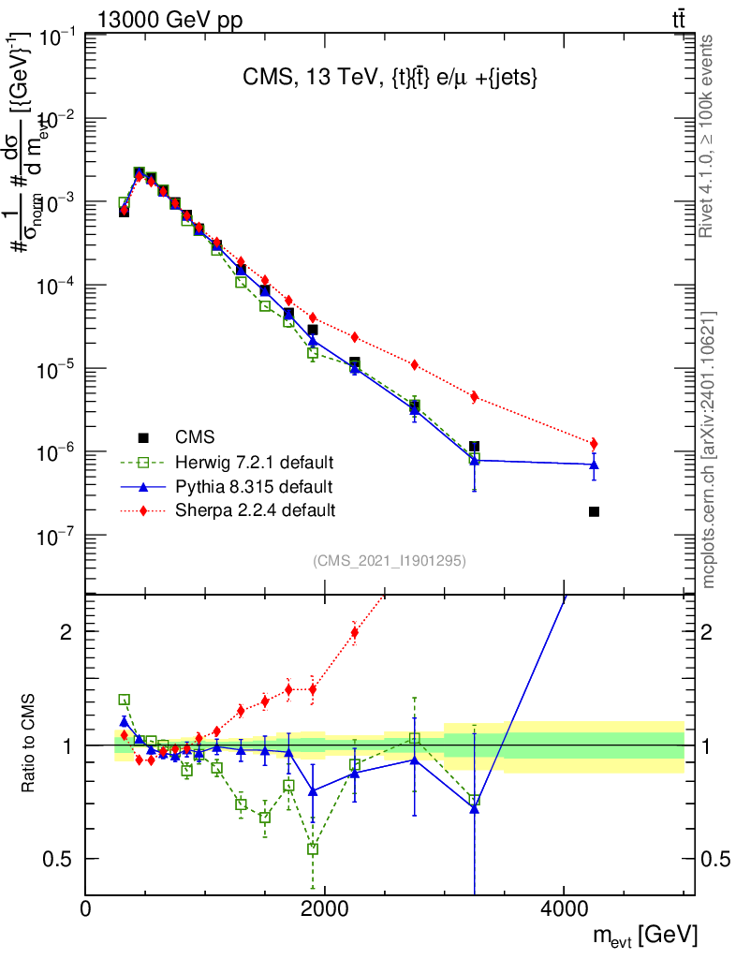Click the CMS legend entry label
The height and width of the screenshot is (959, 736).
(195, 436)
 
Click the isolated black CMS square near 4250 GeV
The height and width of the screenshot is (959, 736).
(594, 511)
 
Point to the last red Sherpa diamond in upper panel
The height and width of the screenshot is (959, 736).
(594, 444)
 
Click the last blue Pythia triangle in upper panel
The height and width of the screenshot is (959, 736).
(594, 464)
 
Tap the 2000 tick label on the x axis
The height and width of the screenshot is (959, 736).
(325, 907)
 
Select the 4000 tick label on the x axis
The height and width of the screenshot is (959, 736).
(564, 907)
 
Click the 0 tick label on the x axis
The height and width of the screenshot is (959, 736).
(86, 907)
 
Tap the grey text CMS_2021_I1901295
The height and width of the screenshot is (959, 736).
(389, 561)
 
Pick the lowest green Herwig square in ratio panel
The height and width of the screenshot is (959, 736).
(313, 848)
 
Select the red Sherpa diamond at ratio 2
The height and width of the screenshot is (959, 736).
(355, 632)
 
